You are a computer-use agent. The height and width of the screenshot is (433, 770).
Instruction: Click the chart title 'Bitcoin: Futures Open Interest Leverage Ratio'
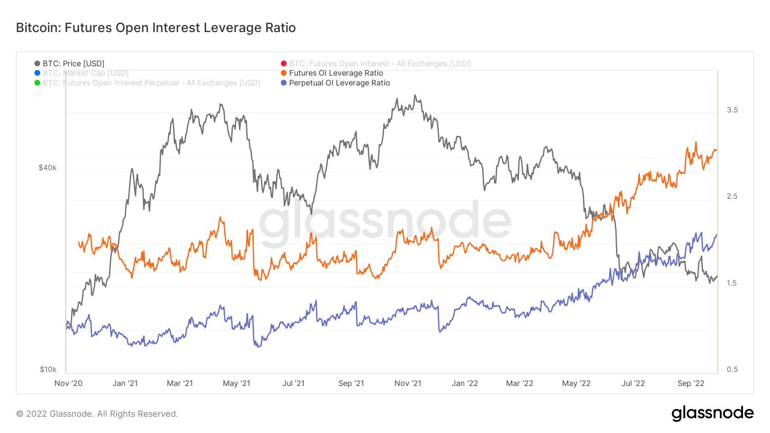tap(156, 28)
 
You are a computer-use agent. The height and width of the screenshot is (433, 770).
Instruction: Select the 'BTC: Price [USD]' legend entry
tap(73, 64)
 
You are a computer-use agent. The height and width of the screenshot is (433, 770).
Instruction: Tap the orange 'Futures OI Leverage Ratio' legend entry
tap(336, 73)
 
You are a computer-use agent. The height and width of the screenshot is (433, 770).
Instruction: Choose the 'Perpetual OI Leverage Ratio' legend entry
tap(339, 83)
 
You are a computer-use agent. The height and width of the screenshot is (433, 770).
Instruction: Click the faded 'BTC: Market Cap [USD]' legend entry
tap(85, 73)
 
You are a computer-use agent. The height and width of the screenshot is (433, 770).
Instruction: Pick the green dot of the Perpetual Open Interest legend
tap(37, 83)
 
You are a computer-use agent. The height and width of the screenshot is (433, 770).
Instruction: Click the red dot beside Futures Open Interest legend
tap(284, 64)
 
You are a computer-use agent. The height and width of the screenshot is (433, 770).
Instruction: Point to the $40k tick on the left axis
tap(47, 168)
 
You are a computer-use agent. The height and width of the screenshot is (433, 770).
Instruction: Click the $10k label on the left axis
tap(48, 369)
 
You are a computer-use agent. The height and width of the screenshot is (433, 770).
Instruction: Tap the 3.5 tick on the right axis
tap(732, 110)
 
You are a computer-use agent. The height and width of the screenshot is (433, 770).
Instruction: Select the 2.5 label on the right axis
tap(732, 196)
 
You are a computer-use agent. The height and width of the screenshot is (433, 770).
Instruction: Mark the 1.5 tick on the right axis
tap(732, 283)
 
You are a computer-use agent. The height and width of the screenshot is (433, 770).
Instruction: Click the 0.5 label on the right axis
tap(732, 369)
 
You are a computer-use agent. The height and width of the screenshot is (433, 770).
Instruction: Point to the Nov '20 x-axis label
tap(68, 383)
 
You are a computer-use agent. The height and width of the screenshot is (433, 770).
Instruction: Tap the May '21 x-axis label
tap(237, 383)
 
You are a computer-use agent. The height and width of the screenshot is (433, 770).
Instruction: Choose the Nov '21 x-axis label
tap(408, 383)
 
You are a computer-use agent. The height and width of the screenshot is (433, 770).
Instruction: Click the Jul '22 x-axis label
tap(633, 383)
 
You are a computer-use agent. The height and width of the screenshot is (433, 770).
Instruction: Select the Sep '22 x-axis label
tap(691, 383)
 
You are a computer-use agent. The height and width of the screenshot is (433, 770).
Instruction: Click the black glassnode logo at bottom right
tap(712, 413)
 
